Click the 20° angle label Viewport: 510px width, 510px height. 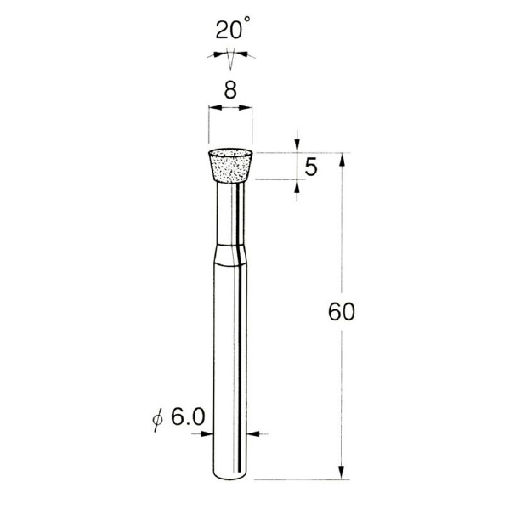(x=230, y=31)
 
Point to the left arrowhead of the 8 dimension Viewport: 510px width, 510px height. (x=213, y=108)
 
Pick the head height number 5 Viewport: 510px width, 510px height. (x=311, y=167)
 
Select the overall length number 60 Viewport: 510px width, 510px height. (x=341, y=312)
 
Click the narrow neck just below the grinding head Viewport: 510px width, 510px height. (x=230, y=212)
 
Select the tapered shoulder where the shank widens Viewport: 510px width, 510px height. (x=230, y=254)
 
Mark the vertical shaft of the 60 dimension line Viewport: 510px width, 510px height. (x=341, y=382)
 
